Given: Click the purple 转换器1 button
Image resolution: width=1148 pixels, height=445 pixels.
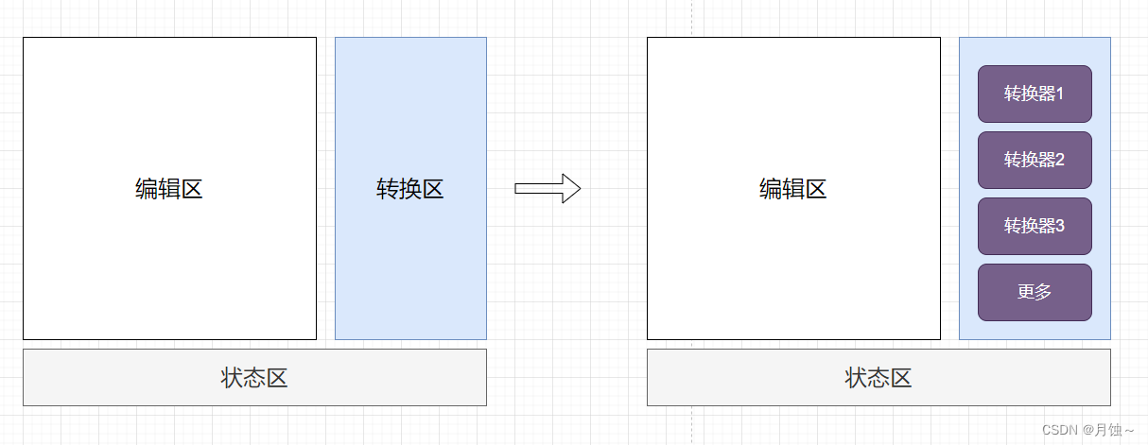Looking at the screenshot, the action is point(1035,94).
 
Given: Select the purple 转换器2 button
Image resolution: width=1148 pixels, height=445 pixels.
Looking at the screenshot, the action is point(1035,160).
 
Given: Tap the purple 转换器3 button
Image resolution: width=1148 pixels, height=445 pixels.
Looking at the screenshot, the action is point(1035,226).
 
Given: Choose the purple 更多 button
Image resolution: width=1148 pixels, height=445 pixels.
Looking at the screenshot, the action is point(1035,292).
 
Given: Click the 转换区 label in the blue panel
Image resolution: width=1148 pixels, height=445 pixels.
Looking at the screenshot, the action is point(410,189).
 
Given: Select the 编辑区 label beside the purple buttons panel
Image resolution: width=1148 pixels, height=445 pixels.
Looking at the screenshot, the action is point(793,189).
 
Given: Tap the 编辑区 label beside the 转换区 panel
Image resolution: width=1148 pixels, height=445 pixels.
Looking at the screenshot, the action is point(169,189).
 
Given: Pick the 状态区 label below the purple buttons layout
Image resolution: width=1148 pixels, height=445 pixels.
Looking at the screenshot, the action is point(878,378).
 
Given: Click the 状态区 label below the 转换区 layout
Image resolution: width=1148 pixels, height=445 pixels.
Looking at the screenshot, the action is point(254,378).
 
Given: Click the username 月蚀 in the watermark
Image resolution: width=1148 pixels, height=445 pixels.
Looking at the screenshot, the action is point(1107,430).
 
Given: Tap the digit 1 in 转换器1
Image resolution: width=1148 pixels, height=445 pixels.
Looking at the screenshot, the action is point(1060,94).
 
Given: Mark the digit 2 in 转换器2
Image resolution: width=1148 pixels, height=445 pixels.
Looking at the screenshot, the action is point(1060,160).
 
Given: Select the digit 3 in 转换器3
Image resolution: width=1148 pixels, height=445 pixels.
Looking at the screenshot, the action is point(1060,226).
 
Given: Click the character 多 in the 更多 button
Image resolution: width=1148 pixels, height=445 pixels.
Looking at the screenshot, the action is point(1043,292).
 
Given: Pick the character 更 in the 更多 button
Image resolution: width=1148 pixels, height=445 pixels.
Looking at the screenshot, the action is point(1026,292).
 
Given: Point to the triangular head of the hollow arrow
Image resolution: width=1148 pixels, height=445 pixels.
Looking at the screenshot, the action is point(570,188).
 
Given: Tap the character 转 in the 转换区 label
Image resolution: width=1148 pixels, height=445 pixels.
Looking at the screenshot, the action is point(388,189).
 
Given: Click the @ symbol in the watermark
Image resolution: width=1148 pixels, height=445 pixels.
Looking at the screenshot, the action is point(1089,430).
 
